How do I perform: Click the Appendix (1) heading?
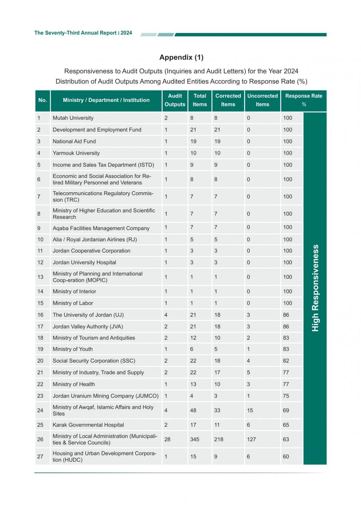[x=181, y=57]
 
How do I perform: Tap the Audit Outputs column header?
[x=175, y=100]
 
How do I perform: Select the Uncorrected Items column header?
[x=262, y=100]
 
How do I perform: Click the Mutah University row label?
[x=73, y=118]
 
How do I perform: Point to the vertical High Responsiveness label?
[x=315, y=288]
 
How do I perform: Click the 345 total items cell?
[x=194, y=439]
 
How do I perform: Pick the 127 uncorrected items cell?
[x=251, y=439]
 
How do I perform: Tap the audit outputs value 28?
[x=167, y=439]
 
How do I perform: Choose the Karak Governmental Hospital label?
[x=88, y=425]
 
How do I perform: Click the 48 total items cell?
[x=193, y=410]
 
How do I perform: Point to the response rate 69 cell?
[x=286, y=410]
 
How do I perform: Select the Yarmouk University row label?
[x=76, y=153]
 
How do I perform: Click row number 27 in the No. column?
[x=40, y=457]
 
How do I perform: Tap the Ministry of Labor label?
[x=73, y=303]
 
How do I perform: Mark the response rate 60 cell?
[x=286, y=457]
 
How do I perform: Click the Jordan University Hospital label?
[x=84, y=262]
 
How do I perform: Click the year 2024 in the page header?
[x=126, y=33]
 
